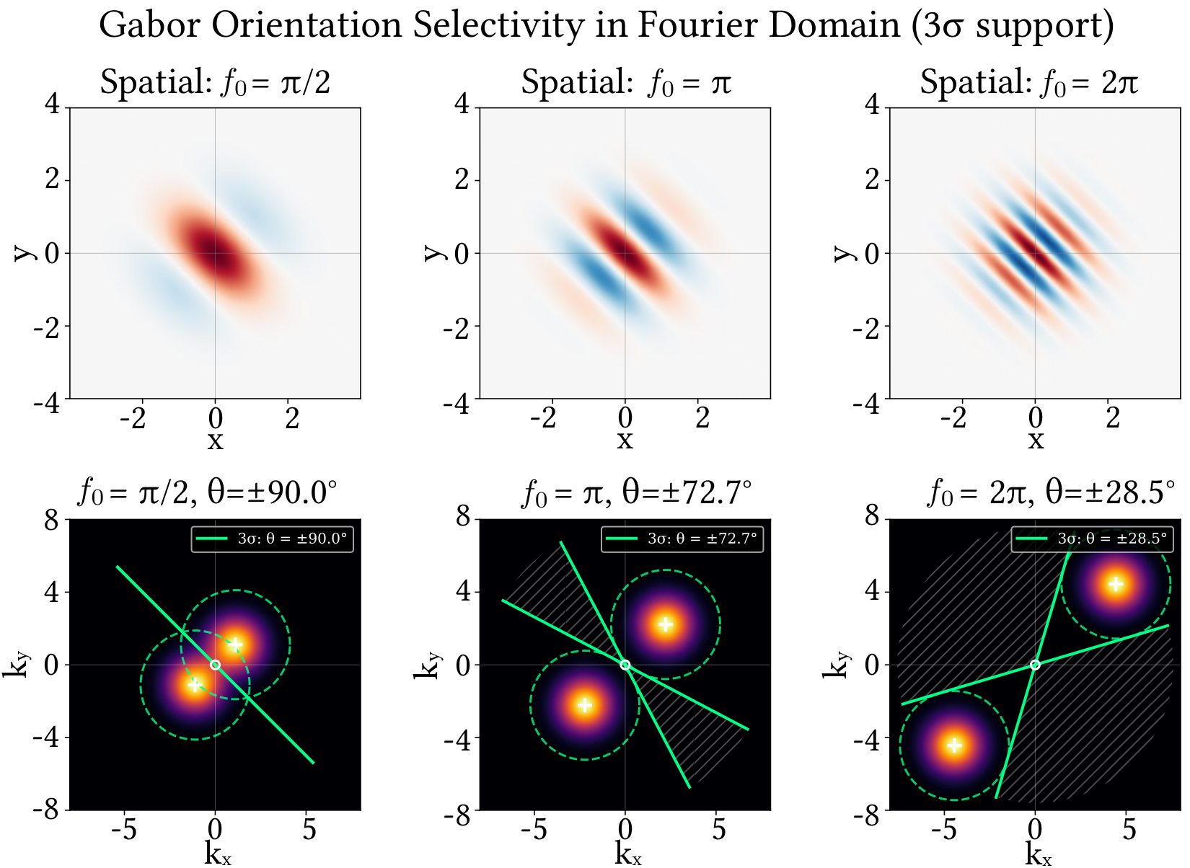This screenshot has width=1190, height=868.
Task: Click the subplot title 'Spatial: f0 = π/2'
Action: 215,83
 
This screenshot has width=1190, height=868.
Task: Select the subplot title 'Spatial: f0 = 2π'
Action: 1028,83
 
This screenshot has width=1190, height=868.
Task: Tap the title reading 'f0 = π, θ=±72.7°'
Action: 636,494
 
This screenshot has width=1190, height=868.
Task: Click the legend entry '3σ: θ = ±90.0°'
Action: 273,539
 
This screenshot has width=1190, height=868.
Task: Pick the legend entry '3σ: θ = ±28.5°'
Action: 1092,539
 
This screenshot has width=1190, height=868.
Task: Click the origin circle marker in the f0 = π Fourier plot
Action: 625,665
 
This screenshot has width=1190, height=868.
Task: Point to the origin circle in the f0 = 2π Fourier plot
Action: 1035,665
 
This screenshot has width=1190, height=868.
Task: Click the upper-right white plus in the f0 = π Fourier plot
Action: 666,624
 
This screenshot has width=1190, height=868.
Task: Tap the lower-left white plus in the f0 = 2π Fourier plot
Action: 954,745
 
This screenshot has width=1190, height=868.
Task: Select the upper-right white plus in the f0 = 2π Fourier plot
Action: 1116,584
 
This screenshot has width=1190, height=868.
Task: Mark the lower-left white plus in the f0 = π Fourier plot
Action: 585,704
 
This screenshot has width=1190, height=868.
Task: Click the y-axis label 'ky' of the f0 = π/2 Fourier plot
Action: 15,664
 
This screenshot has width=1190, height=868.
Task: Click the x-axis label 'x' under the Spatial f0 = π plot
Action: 625,440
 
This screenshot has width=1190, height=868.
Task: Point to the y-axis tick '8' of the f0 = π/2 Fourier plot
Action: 51,518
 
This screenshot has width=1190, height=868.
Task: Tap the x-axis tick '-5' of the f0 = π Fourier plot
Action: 534,830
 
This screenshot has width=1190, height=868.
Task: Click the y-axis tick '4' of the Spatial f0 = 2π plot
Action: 873,106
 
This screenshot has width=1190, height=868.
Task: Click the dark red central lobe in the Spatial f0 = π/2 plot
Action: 215,249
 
